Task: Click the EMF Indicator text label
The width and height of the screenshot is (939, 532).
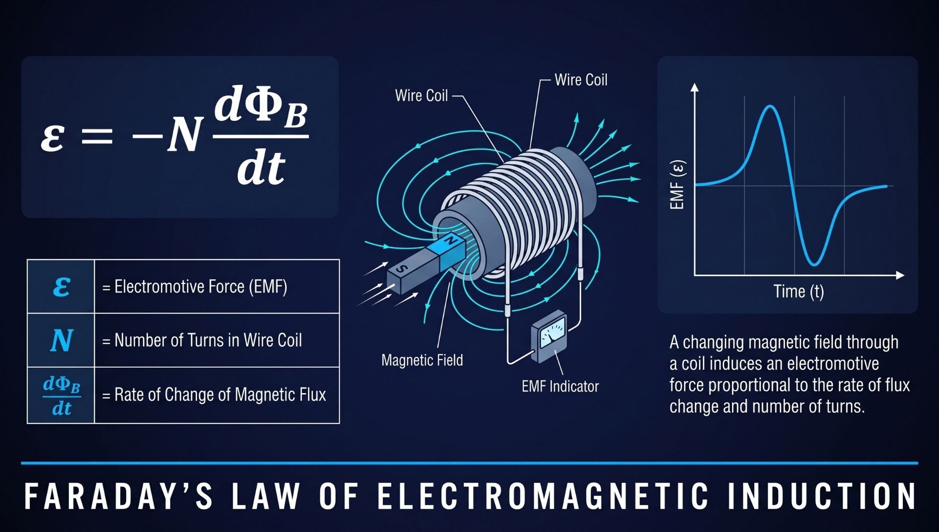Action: [x=560, y=387]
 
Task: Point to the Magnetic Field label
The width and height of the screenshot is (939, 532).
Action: [x=422, y=360]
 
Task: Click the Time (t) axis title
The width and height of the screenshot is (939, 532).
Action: [x=799, y=292]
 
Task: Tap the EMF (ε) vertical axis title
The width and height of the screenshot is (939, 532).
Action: [x=677, y=185]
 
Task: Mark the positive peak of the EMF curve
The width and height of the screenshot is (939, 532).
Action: [x=771, y=106]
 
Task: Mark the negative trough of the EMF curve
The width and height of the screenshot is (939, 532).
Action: [x=814, y=265]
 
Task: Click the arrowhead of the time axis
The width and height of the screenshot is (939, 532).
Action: [x=900, y=276]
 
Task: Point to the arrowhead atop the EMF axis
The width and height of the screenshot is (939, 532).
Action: [x=694, y=88]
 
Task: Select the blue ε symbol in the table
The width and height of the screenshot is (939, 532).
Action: [x=62, y=287]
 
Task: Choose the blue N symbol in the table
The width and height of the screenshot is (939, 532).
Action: [x=62, y=340]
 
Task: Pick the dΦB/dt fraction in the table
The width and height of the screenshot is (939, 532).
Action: [x=62, y=396]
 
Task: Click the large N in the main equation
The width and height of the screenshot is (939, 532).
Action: [x=184, y=135]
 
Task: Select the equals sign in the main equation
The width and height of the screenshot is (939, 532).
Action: [x=97, y=135]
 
